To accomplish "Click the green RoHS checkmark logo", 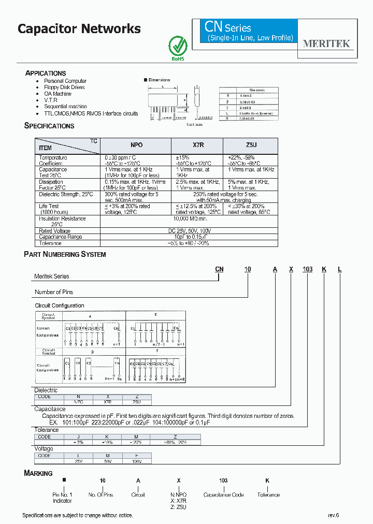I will pyautogui.click(x=178, y=46).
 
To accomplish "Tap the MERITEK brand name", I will pyautogui.click(x=326, y=44).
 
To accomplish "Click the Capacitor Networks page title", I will pyautogui.click(x=79, y=29).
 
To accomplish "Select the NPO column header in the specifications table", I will pyautogui.click(x=136, y=145).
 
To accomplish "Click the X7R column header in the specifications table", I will pyautogui.click(x=197, y=145).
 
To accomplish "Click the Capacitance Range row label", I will pyautogui.click(x=61, y=237).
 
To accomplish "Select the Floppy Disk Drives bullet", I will pyautogui.click(x=64, y=87).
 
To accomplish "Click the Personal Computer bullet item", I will pyautogui.click(x=65, y=81).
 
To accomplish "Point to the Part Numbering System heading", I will pyautogui.click(x=65, y=254).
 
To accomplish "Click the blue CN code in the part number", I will pyautogui.click(x=219, y=269).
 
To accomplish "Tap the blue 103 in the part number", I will pyautogui.click(x=308, y=269).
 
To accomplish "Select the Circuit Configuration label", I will pyautogui.click(x=60, y=305).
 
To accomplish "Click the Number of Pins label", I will pyautogui.click(x=54, y=292).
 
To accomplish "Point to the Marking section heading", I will pyautogui.click(x=38, y=473).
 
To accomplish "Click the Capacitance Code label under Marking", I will pyautogui.click(x=223, y=495).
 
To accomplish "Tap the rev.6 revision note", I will pyautogui.click(x=333, y=515).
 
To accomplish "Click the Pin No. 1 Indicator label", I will pyautogui.click(x=62, y=498).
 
